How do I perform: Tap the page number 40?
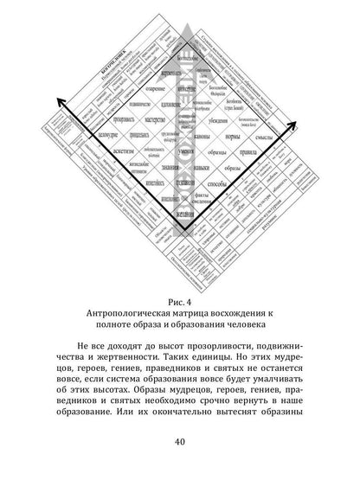pos(180,444)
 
